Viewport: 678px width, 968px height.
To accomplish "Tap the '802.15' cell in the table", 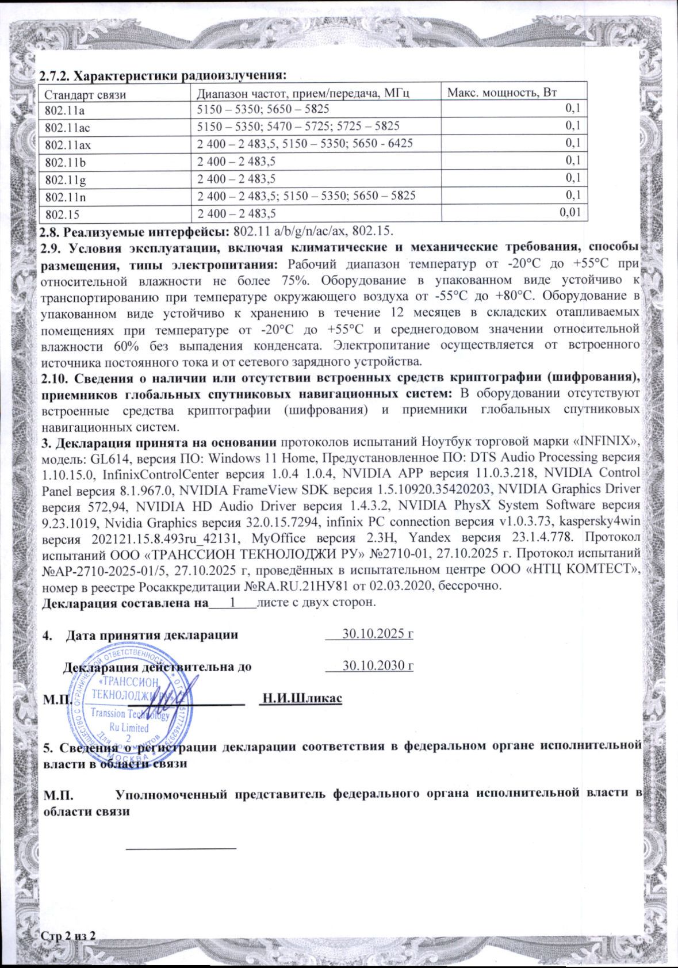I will click(59, 214).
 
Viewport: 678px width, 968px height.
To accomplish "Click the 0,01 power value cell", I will click(569, 213).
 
